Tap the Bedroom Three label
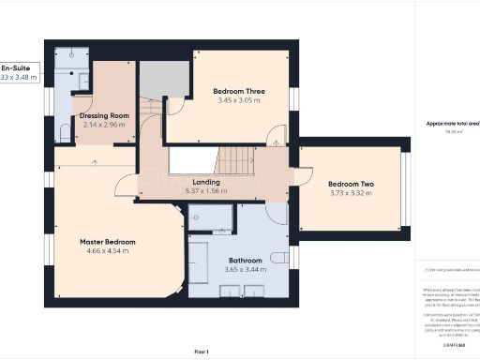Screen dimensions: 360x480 pos(223,91)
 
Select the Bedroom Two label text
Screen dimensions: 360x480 pos(350,184)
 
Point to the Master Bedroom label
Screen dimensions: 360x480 pos(108,242)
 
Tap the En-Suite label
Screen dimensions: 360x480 pos(16,68)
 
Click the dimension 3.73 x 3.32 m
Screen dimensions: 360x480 pos(350,194)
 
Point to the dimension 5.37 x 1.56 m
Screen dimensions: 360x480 pos(206,191)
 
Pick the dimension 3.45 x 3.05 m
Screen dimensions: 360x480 pos(223,100)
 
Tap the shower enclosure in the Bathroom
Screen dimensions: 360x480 pos(211,218)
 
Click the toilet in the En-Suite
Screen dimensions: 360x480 pos(64,131)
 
